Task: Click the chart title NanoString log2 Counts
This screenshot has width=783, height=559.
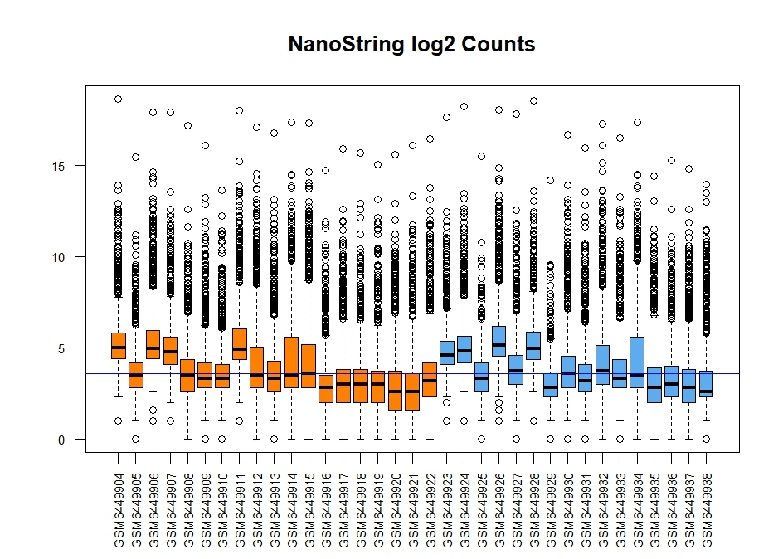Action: pos(411,45)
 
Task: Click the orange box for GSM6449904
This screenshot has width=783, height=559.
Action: pos(118,345)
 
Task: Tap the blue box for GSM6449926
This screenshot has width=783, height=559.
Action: pos(498,341)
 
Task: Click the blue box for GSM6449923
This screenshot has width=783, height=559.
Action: pos(447,353)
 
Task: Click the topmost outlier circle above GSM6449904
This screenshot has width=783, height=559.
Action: pos(118,99)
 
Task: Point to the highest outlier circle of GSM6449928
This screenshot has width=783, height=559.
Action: pos(533,100)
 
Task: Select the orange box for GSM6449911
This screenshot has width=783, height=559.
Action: pos(239,343)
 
